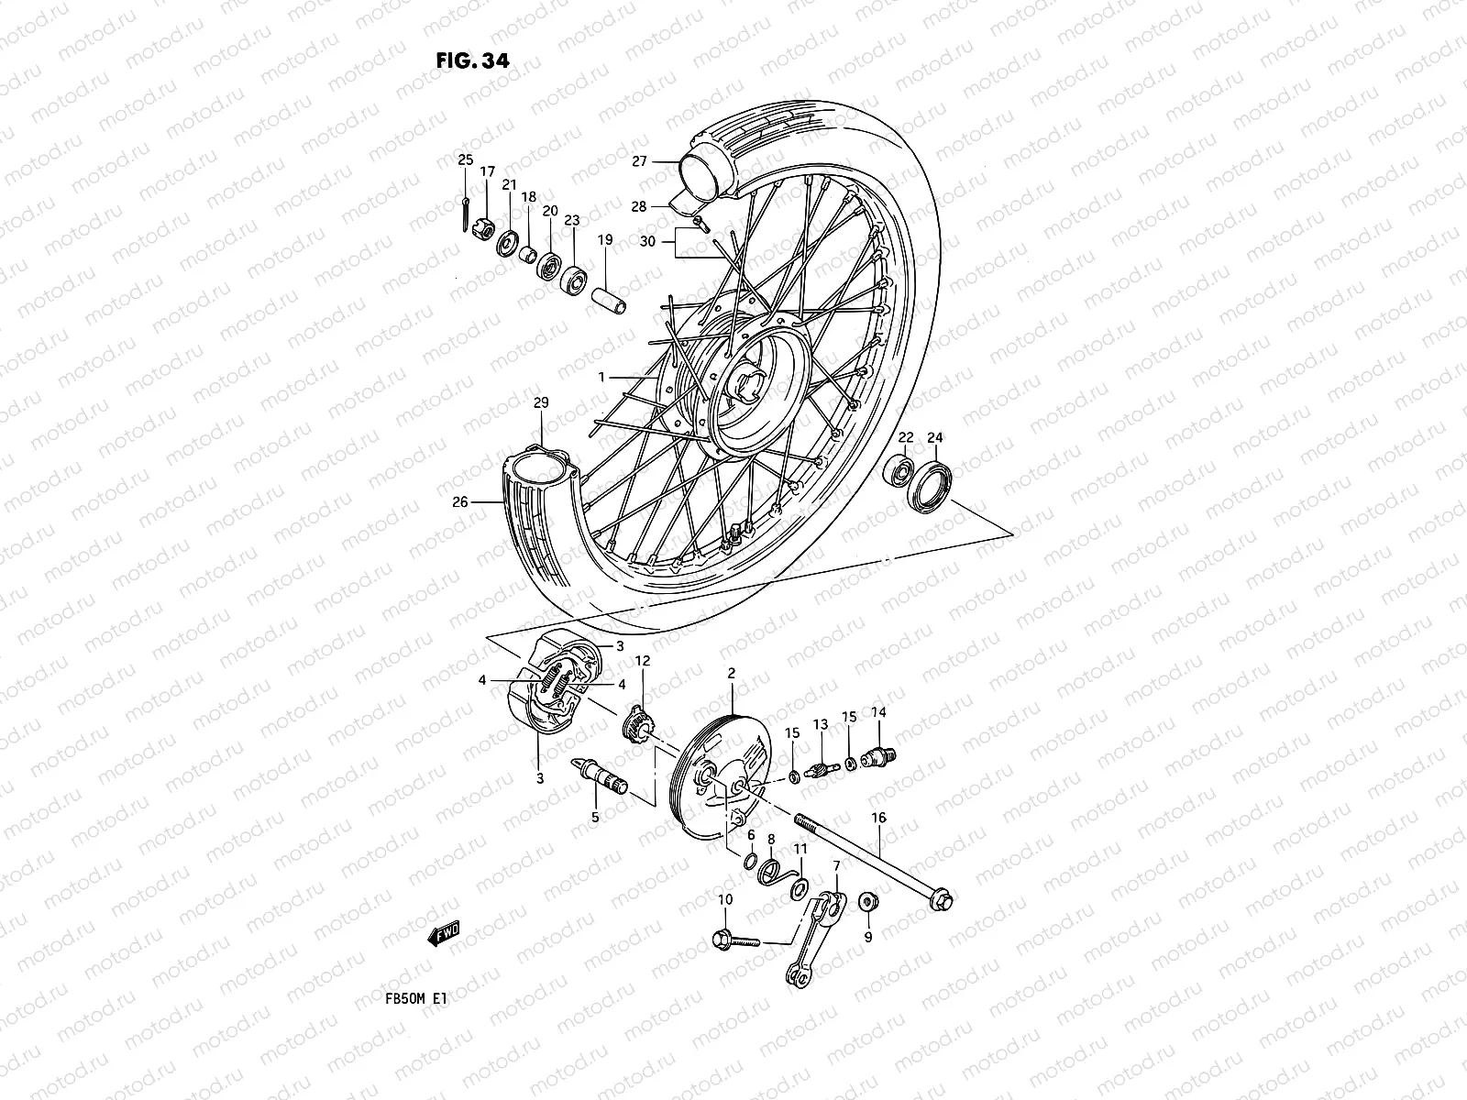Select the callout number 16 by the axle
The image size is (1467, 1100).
[878, 817]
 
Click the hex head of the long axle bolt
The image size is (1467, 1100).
[940, 901]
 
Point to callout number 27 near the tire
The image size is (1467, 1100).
[665, 161]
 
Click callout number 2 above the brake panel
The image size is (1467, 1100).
[732, 674]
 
